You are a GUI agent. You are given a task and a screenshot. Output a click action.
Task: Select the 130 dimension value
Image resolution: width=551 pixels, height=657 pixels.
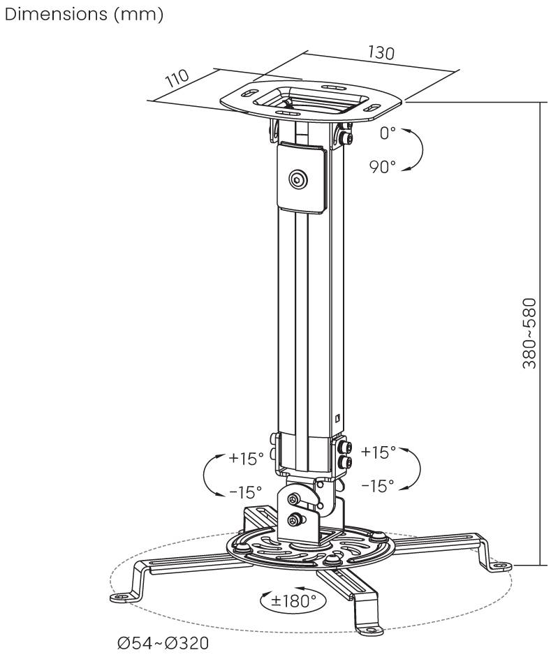[381, 53]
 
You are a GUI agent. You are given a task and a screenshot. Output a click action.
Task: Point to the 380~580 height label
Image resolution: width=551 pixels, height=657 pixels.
[531, 333]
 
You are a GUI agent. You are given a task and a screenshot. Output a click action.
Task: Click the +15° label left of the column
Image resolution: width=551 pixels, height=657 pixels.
[246, 459]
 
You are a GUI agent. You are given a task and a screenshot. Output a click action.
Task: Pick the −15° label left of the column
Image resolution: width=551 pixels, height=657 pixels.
[246, 492]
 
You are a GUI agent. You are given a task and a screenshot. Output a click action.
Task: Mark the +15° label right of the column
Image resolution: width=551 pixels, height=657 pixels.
[378, 452]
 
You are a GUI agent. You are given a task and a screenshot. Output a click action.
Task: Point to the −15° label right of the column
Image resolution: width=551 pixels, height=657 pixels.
[378, 485]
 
